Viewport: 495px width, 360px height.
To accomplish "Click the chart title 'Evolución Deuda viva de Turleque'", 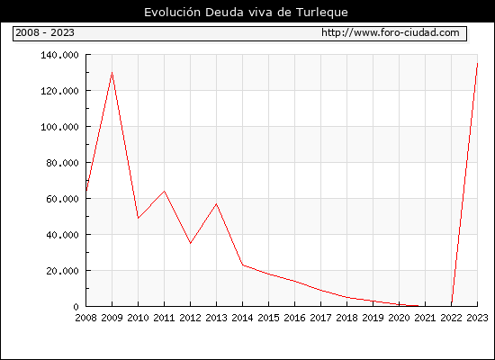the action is click(x=246, y=13).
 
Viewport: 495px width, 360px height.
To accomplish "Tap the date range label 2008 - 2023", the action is click(x=45, y=32).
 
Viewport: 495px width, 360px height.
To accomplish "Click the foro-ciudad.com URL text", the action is click(x=391, y=32).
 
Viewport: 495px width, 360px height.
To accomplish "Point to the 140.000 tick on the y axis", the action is click(x=59, y=55).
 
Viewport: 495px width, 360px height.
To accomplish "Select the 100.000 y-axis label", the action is click(x=59, y=127).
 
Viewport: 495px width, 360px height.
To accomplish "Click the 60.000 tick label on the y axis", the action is click(x=62, y=199).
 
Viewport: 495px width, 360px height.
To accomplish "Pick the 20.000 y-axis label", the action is click(x=62, y=271).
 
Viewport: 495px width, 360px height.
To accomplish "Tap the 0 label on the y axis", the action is click(x=76, y=307).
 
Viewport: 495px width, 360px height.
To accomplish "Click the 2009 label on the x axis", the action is click(x=112, y=318).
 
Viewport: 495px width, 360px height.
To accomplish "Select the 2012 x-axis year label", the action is click(x=190, y=318).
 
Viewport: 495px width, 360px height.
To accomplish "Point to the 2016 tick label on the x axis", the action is click(x=294, y=318).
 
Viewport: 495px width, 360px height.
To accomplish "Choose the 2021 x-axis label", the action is click(x=425, y=318).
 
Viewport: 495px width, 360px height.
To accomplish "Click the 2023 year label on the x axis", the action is click(x=477, y=318).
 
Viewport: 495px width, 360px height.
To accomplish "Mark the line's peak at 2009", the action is click(x=112, y=73).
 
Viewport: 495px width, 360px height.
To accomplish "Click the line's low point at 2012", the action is click(x=191, y=243).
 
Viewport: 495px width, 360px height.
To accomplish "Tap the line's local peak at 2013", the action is click(x=217, y=204).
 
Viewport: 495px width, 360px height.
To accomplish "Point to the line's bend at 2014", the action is click(x=242, y=265).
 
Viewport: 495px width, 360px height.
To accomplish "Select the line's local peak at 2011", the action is click(x=164, y=191).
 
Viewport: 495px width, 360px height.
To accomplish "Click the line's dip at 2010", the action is click(x=139, y=218).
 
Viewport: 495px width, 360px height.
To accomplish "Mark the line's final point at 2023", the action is click(x=477, y=64).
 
